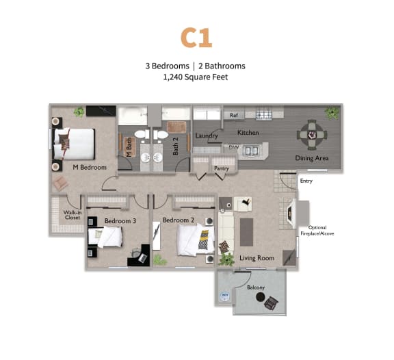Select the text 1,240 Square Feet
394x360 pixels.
click(x=195, y=77)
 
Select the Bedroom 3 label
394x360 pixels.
click(x=120, y=220)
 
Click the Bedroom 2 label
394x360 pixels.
click(x=179, y=220)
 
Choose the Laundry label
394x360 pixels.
click(x=207, y=136)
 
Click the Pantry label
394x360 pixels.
click(x=222, y=167)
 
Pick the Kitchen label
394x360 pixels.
click(x=247, y=131)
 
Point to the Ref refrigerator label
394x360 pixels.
click(x=233, y=116)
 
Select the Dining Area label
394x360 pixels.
click(x=312, y=158)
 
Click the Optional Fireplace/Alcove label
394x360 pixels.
click(x=318, y=230)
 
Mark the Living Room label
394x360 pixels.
click(x=257, y=258)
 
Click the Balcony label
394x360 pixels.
click(x=256, y=287)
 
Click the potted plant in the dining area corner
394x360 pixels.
click(x=332, y=112)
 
